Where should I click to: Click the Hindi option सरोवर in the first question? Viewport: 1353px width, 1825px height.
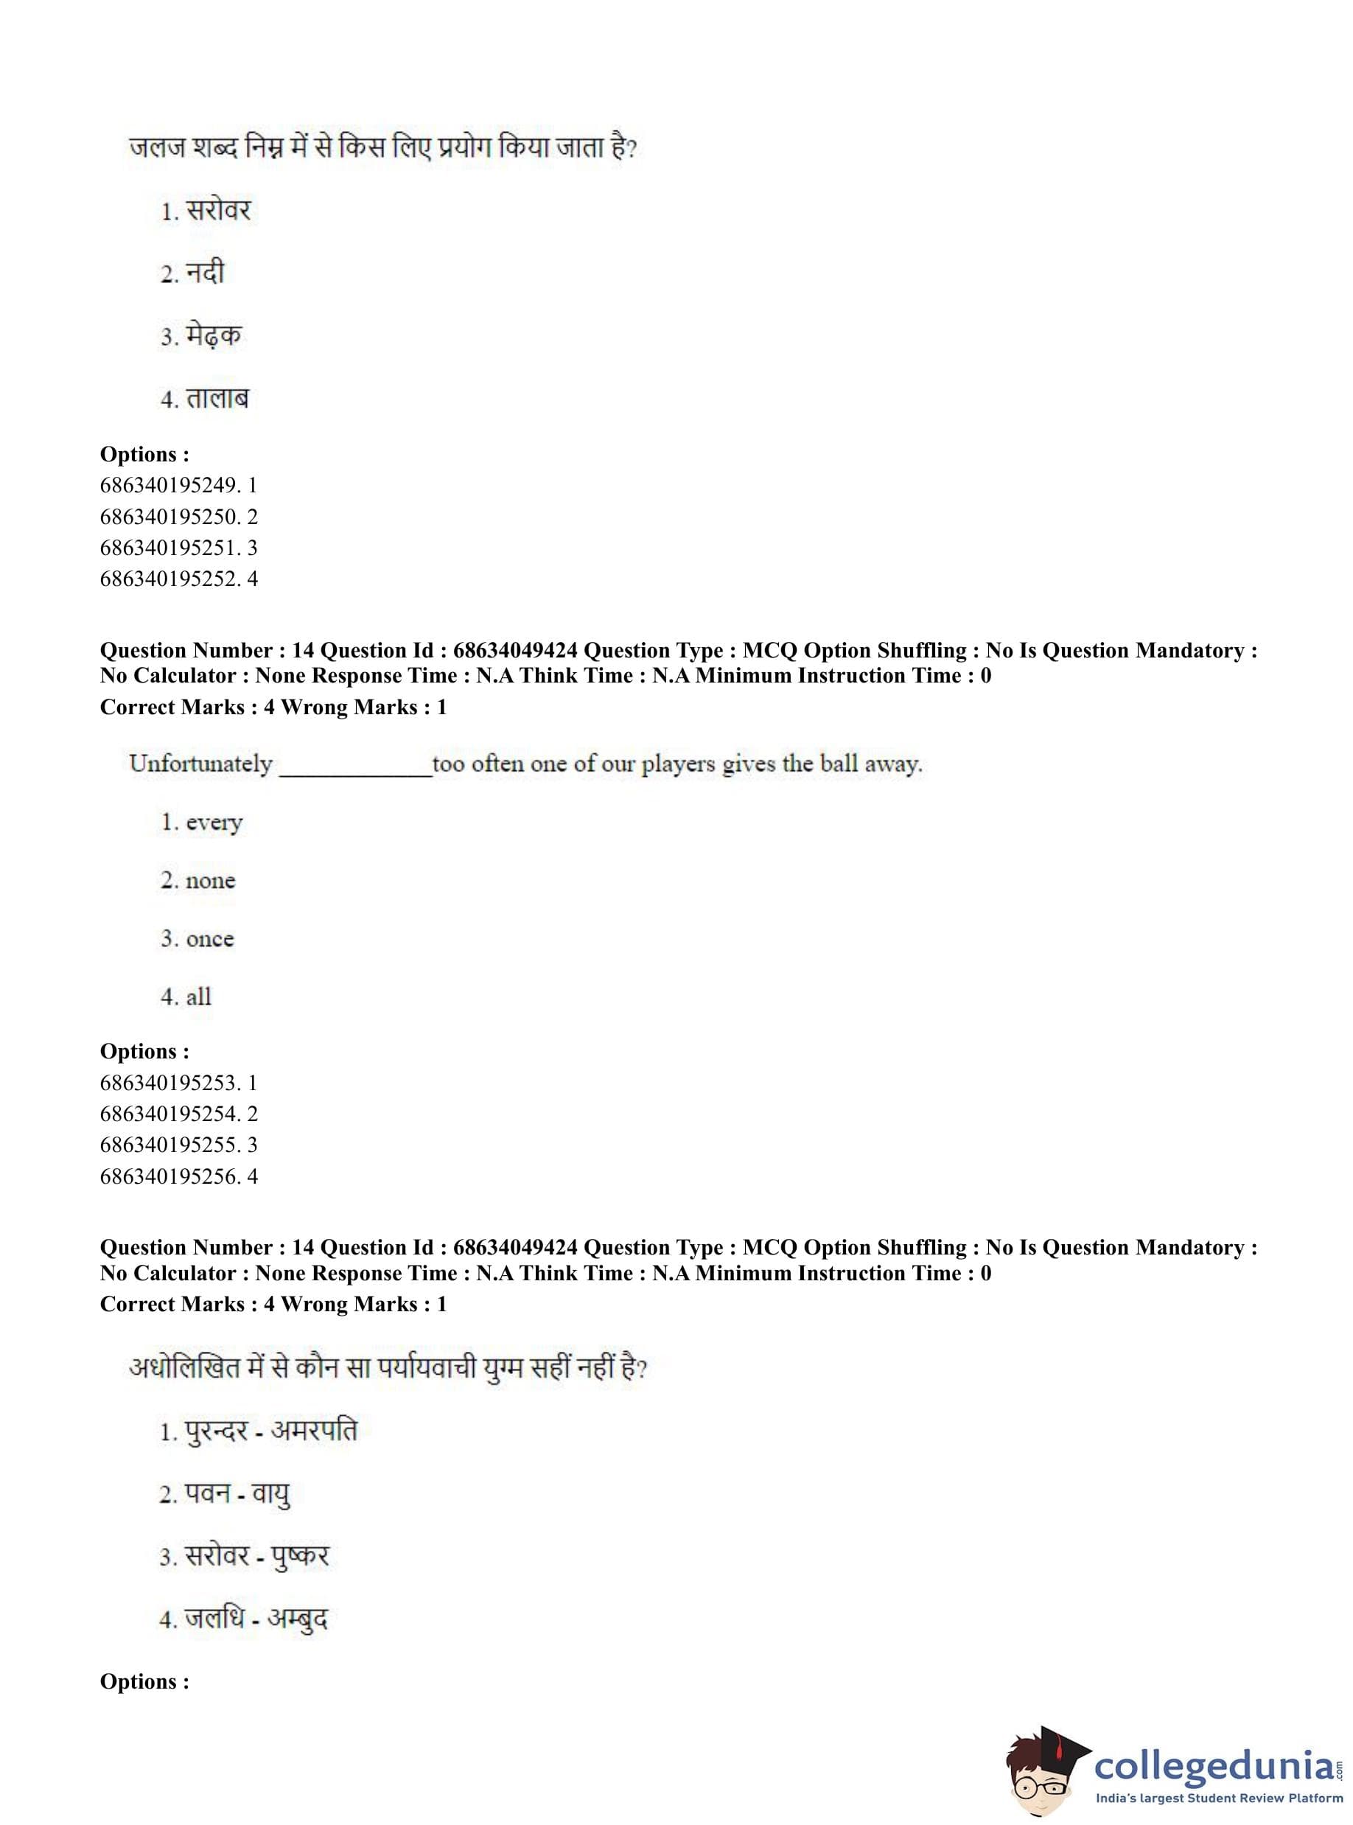click(217, 212)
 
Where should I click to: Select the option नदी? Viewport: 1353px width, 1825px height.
click(204, 273)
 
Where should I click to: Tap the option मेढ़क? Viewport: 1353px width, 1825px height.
click(213, 336)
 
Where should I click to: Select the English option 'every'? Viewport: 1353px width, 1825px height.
click(214, 823)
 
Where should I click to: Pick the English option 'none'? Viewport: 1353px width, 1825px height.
click(210, 881)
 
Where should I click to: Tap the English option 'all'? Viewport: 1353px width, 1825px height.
click(198, 997)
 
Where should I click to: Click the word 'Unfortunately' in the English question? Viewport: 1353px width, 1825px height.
click(200, 764)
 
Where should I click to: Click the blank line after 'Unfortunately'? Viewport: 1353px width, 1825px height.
click(355, 770)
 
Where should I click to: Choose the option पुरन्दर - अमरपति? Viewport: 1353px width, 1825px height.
click(270, 1432)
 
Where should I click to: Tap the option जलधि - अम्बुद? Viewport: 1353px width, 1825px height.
click(256, 1619)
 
